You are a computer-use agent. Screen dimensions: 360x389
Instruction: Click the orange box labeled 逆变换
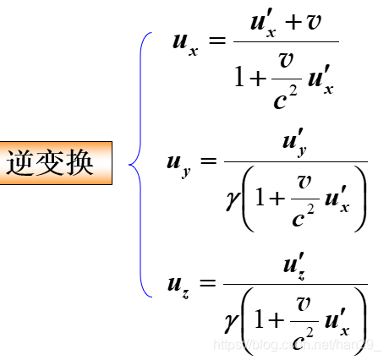pos(56,163)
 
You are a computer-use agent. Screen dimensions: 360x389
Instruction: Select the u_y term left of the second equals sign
pos(182,161)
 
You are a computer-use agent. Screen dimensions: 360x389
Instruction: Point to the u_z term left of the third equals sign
pos(182,284)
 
